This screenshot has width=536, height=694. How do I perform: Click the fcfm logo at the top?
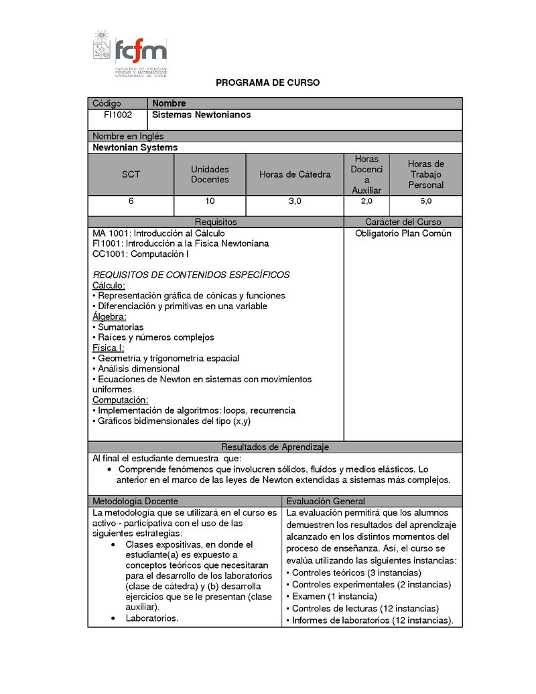[130, 54]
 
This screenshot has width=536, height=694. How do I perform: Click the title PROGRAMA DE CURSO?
[267, 82]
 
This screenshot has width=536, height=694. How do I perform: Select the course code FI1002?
[117, 115]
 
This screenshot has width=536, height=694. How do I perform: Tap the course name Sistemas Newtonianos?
[202, 115]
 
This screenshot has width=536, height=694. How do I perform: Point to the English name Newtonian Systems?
[135, 148]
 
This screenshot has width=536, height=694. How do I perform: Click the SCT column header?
[131, 174]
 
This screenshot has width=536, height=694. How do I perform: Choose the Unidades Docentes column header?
[210, 174]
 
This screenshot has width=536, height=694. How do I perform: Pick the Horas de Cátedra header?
[295, 174]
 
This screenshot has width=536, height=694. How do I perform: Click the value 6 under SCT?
[131, 201]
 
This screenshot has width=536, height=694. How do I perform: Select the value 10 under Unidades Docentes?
[210, 201]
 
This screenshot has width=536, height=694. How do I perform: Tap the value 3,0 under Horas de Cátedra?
[295, 201]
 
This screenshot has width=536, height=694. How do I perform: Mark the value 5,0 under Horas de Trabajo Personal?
[425, 201]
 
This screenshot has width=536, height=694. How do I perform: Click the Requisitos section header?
[216, 222]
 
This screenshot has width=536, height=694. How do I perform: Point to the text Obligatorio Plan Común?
[403, 233]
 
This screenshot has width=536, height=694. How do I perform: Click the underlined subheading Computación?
[120, 400]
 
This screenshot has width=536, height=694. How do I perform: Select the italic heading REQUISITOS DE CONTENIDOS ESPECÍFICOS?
[191, 275]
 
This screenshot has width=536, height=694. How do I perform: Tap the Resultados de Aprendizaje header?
[275, 447]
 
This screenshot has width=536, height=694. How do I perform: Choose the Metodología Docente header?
[135, 501]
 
